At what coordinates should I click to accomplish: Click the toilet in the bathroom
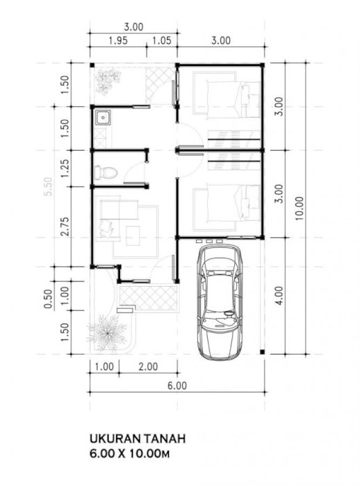[x=105, y=172]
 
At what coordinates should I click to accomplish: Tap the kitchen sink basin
[x=102, y=118]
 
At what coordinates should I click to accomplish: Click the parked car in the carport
[x=220, y=302]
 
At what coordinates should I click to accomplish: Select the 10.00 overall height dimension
[x=300, y=208]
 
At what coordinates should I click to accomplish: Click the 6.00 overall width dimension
[x=177, y=385]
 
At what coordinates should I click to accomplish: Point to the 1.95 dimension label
[x=118, y=40]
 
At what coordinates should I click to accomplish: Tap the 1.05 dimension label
[x=162, y=40]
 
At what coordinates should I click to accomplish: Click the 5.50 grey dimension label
[x=49, y=187]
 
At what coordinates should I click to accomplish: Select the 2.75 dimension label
[x=65, y=226]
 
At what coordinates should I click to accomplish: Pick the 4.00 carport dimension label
[x=279, y=295]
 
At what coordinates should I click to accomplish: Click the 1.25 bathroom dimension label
[x=65, y=168]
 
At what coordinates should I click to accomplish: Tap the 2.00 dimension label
[x=148, y=367]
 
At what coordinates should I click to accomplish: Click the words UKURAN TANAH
[x=138, y=439]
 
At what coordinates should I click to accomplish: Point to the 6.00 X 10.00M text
[x=130, y=454]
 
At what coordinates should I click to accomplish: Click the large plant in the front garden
[x=107, y=333]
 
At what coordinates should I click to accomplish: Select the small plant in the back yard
[x=107, y=81]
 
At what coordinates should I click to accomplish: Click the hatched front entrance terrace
[x=149, y=298]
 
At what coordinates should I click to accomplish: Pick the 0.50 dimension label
[x=48, y=299]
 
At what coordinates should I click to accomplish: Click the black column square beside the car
[x=262, y=352]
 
